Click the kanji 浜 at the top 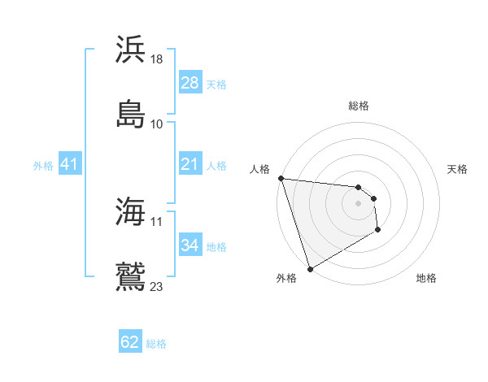[131, 49]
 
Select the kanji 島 [131, 113]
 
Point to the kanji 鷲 [131, 276]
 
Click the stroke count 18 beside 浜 [157, 59]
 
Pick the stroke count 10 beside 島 [157, 124]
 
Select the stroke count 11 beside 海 [157, 221]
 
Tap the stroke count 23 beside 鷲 [157, 286]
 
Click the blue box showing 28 [190, 83]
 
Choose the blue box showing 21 [190, 165]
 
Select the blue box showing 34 [190, 245]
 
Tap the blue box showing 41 [69, 165]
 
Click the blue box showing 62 [130, 343]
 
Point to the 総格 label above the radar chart [359, 106]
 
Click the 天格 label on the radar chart [457, 169]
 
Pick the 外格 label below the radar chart [286, 278]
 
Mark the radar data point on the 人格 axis [281, 178]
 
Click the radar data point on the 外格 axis [310, 268]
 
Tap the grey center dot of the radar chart [358, 203]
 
